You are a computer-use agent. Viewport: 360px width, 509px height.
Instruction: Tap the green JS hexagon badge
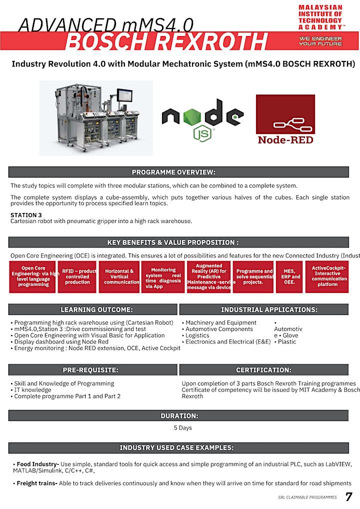pyautogui.click(x=202, y=133)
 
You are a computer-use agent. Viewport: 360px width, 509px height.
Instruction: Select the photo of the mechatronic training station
pyautogui.click(x=96, y=118)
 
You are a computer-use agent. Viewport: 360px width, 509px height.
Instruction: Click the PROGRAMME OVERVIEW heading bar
pyautogui.click(x=178, y=172)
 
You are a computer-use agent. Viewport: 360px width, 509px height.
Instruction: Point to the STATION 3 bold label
pyautogui.click(x=26, y=215)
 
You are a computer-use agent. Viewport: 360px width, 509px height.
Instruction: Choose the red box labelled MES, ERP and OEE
pyautogui.click(x=289, y=276)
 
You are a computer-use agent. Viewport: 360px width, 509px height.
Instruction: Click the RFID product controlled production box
pyautogui.click(x=77, y=276)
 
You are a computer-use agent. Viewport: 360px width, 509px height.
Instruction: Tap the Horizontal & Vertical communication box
pyautogui.click(x=119, y=276)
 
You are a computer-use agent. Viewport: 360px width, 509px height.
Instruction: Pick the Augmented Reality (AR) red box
pyautogui.click(x=208, y=276)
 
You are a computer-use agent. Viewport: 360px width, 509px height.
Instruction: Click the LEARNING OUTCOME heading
pyautogui.click(x=93, y=309)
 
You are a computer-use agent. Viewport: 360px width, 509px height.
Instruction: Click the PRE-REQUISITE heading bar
pyautogui.click(x=93, y=370)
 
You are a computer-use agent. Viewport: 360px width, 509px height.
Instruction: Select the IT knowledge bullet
pyautogui.click(x=32, y=390)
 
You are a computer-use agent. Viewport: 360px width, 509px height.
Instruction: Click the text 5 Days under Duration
pyautogui.click(x=183, y=428)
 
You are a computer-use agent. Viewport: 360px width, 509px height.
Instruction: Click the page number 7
pyautogui.click(x=348, y=497)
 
